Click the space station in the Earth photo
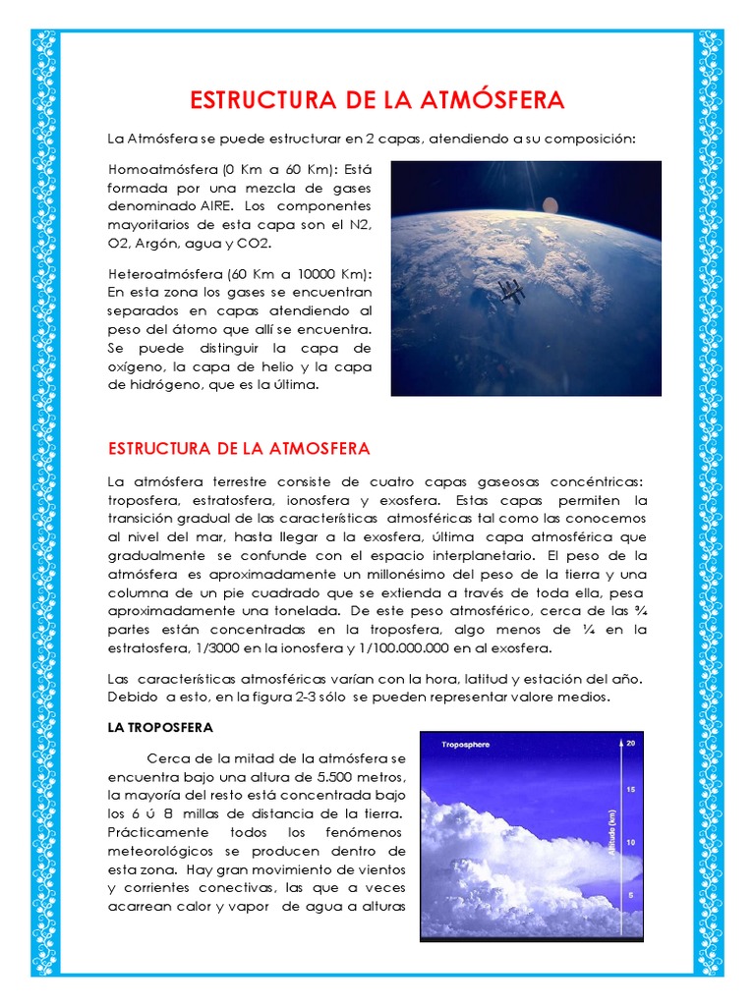(509, 289)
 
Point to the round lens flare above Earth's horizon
(550, 205)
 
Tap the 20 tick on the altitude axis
(631, 743)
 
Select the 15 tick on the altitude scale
(631, 790)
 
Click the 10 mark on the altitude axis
(631, 843)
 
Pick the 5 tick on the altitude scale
(631, 896)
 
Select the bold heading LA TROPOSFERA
(158, 728)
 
